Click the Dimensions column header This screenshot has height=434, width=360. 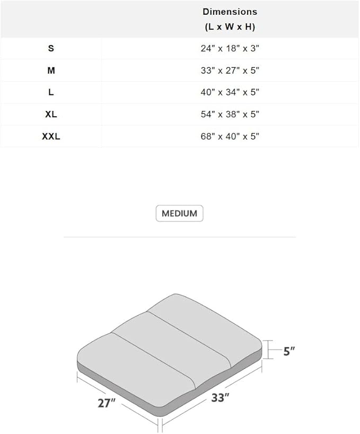pos(230,11)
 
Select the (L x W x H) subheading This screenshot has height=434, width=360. pos(230,27)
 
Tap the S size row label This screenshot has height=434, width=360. pos(51,48)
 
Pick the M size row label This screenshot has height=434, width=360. pos(51,71)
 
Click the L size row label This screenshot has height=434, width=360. pos(51,92)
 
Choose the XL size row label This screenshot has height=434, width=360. pos(51,115)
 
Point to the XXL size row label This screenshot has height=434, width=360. pos(51,136)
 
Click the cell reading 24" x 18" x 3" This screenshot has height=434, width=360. pos(230,48)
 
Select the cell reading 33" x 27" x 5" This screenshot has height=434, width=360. pos(230,71)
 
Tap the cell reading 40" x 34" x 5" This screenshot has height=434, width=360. pos(230,92)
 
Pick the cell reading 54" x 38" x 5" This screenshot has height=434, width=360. pos(230,115)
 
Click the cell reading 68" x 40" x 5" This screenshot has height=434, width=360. pos(230,136)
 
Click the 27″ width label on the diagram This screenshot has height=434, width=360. pos(107,403)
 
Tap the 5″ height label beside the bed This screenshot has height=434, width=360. pos(289,351)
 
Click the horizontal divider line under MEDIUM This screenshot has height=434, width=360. pos(179,237)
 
